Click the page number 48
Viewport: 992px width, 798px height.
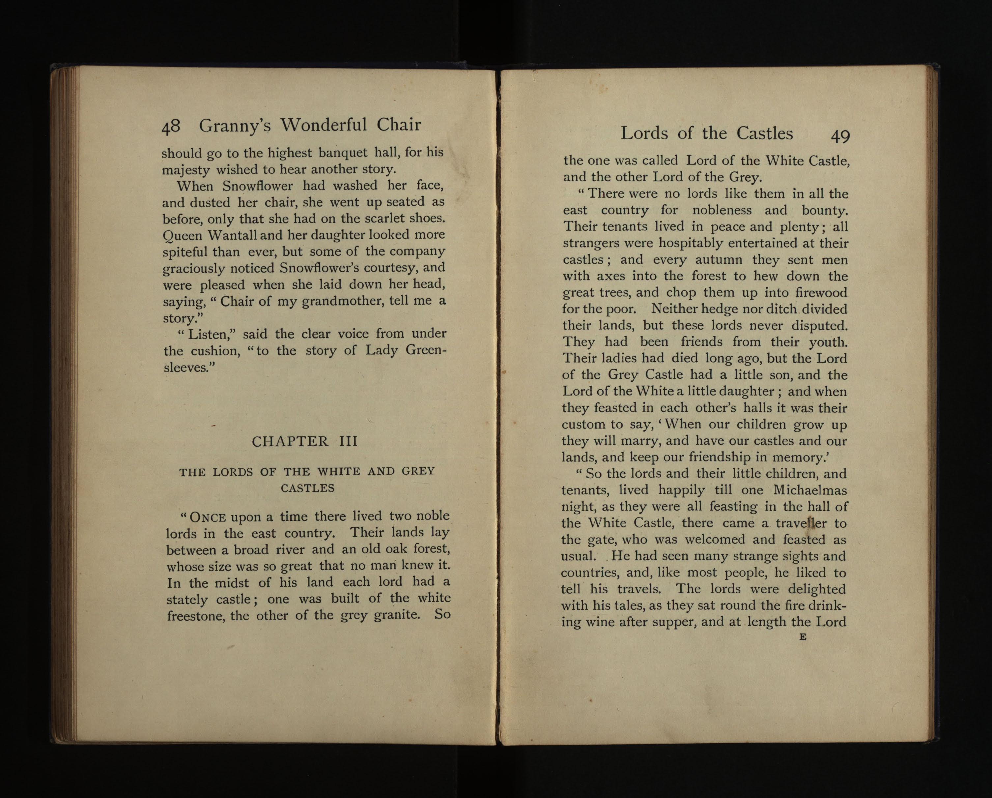(171, 127)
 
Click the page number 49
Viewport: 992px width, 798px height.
(840, 136)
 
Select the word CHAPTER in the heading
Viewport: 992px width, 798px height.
(290, 441)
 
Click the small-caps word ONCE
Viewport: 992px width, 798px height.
(208, 517)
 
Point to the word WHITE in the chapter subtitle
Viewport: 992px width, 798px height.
(339, 471)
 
